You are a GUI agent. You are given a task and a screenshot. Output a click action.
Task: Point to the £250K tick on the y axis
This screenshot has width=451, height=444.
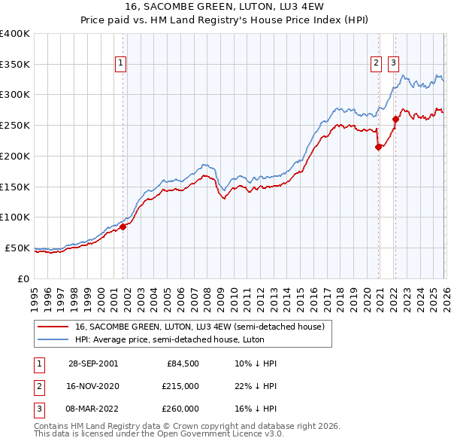coord(15,126)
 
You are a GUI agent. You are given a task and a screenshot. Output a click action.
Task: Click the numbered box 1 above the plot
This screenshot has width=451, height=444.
coord(120,64)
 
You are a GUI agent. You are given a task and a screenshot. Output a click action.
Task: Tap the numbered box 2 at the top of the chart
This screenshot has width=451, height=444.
coord(376,64)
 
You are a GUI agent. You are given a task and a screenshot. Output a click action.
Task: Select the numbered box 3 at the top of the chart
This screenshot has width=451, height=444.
coord(393,64)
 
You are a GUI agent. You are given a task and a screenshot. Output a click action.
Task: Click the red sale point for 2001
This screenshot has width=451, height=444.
coord(123,227)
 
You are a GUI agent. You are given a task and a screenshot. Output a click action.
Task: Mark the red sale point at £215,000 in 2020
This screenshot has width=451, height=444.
coord(378,147)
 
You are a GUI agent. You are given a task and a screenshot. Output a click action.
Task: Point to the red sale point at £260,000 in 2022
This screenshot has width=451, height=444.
coord(395,119)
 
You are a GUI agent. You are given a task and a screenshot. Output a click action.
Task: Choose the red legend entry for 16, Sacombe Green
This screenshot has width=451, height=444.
coord(199,327)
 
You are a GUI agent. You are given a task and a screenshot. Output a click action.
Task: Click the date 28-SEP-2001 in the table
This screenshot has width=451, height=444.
coord(93,363)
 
